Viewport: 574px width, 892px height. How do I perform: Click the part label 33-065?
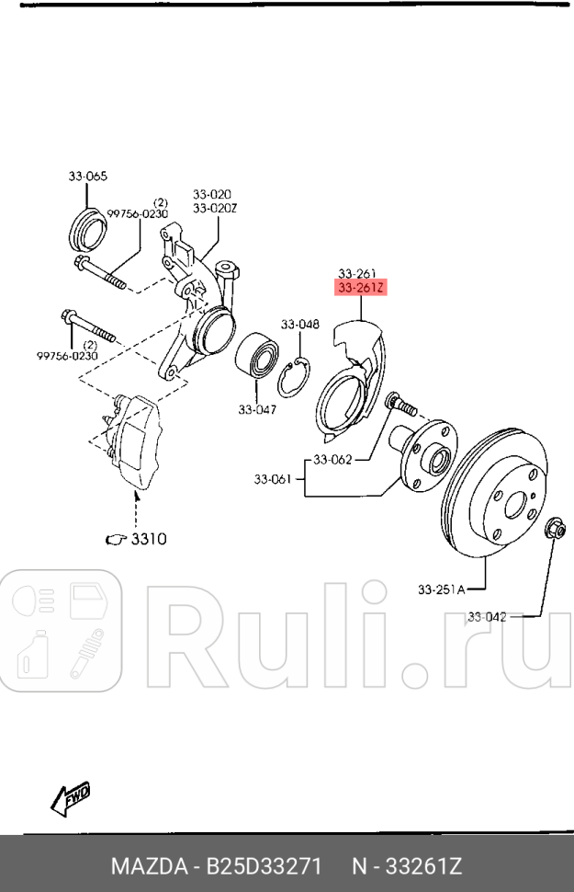(87, 175)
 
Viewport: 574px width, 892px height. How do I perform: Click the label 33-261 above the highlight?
(357, 273)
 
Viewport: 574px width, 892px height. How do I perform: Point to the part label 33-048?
(299, 324)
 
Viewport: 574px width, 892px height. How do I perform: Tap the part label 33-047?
(257, 410)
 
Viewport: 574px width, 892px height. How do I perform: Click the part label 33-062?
(332, 459)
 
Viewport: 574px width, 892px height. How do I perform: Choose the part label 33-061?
(273, 478)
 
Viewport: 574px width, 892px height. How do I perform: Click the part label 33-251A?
(442, 589)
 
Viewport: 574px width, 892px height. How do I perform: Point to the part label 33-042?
(486, 616)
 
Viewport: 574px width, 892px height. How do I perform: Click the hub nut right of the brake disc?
(554, 529)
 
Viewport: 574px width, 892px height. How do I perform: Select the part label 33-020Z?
(216, 208)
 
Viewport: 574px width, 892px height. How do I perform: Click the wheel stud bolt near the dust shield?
(400, 404)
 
